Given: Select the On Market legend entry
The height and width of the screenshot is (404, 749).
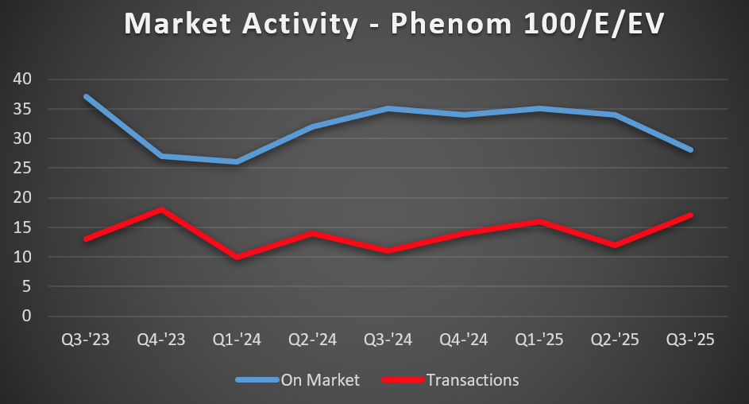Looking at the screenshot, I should [319, 380].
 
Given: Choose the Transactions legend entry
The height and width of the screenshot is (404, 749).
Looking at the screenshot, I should [472, 380].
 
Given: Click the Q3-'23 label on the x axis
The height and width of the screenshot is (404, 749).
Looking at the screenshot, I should [86, 340].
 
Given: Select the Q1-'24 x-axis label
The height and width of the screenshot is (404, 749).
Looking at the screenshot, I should [237, 340].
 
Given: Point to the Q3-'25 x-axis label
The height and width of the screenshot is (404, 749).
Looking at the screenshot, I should [690, 340].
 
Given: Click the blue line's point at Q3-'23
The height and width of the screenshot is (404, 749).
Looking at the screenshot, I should [86, 97].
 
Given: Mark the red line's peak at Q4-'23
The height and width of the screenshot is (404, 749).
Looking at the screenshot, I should [161, 210].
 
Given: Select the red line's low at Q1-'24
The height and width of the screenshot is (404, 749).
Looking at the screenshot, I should [237, 257].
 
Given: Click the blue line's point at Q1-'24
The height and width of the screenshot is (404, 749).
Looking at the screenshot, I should [237, 162].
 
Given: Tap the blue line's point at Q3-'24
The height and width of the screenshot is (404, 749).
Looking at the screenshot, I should [388, 109].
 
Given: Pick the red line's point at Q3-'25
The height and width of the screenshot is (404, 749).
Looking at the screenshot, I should [690, 216].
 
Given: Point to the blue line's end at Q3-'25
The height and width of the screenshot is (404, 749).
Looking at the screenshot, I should [690, 150].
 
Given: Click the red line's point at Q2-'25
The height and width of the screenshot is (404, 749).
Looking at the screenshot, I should [615, 245].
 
